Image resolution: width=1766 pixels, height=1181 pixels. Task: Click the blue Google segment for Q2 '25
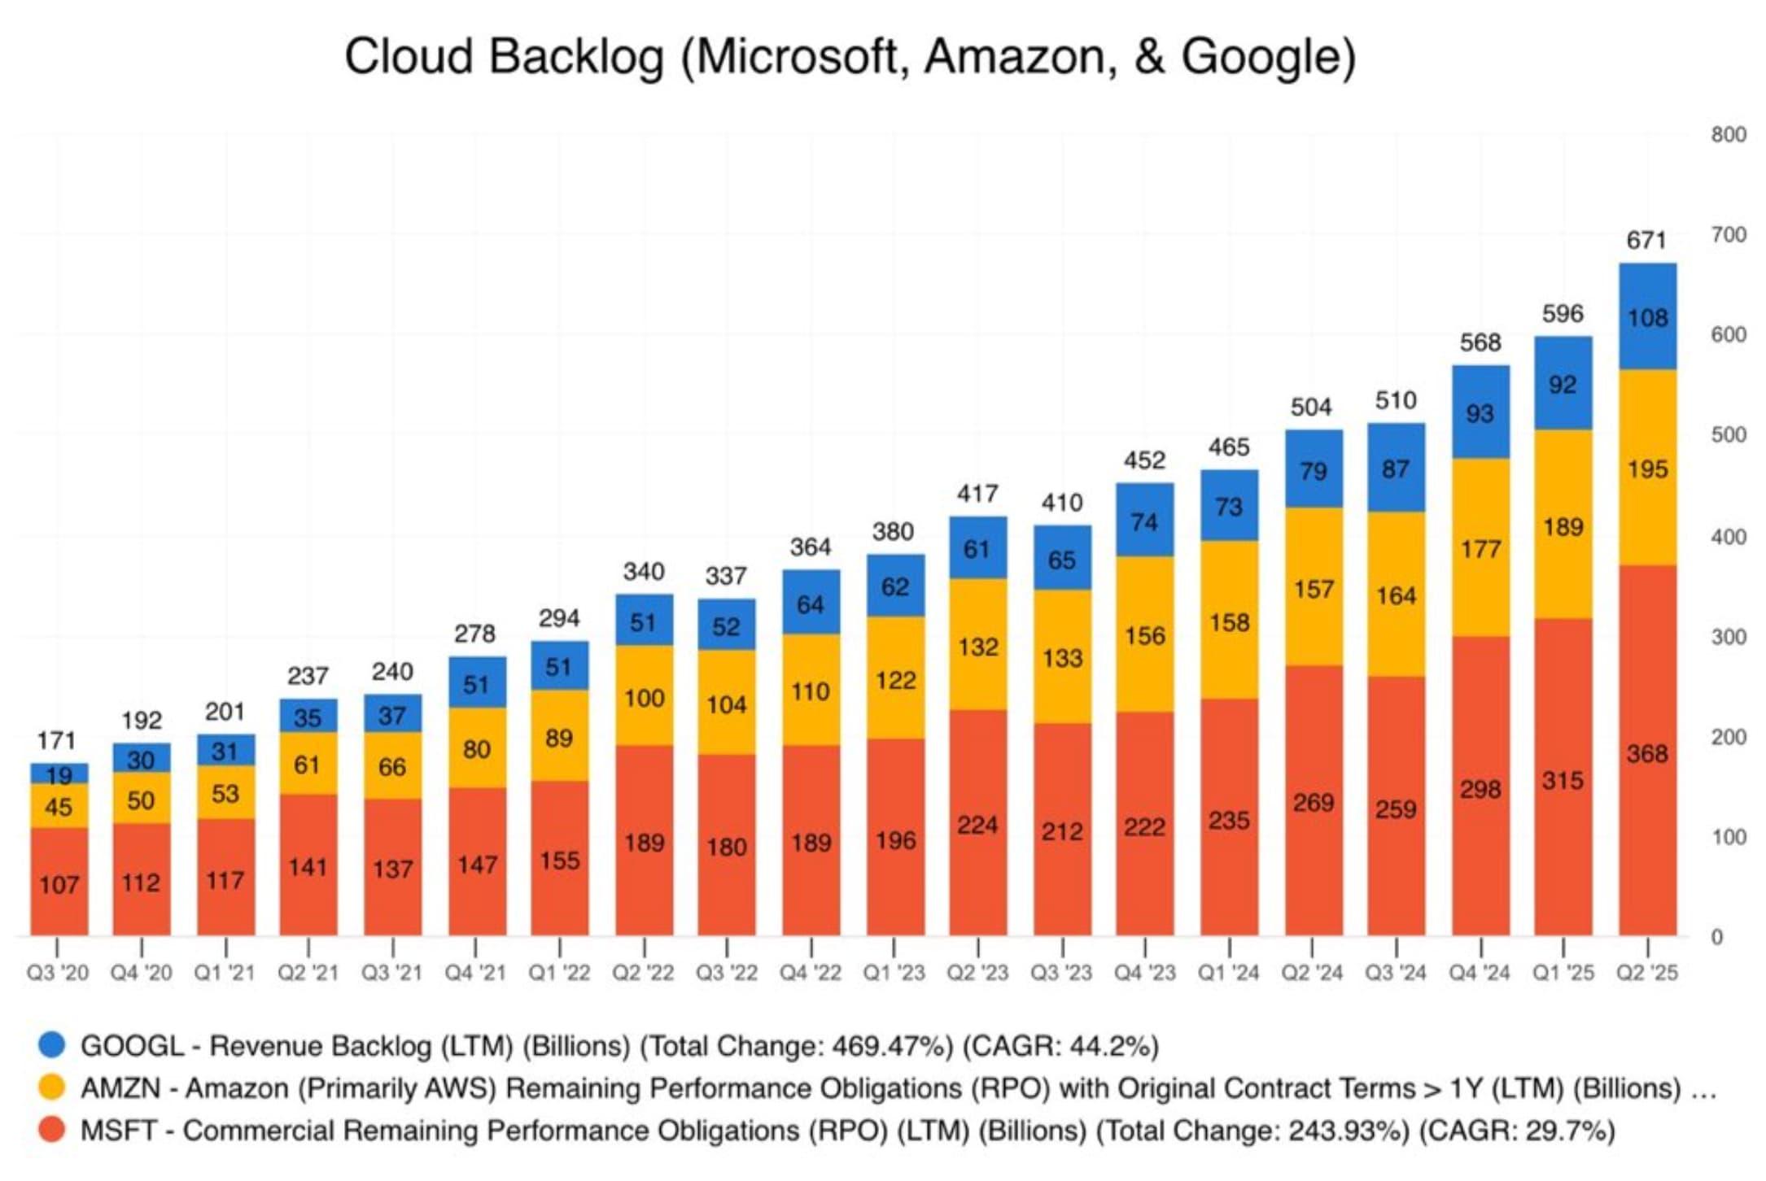(x=1647, y=316)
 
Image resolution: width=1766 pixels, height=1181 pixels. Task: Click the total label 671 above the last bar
(x=1646, y=241)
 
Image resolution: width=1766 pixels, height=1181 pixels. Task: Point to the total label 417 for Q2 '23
(x=977, y=494)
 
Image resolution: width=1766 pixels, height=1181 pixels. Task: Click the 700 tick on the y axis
(x=1729, y=235)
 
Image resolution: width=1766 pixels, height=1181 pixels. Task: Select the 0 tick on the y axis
(x=1717, y=937)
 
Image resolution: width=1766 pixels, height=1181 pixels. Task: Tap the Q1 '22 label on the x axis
(x=559, y=973)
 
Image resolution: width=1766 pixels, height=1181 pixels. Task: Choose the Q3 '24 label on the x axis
(x=1396, y=973)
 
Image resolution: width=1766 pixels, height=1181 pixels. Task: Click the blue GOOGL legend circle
(x=52, y=1045)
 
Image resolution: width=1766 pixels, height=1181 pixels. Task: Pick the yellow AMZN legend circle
(x=52, y=1087)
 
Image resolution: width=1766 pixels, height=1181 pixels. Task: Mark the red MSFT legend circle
(x=52, y=1130)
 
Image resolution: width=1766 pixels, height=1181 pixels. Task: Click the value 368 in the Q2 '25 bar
(x=1647, y=754)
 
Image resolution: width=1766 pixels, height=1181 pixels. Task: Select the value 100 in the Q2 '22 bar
(x=644, y=698)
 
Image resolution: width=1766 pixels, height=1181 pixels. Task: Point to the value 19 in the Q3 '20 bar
(x=59, y=774)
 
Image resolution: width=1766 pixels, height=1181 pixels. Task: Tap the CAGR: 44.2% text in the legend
(x=1060, y=1046)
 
